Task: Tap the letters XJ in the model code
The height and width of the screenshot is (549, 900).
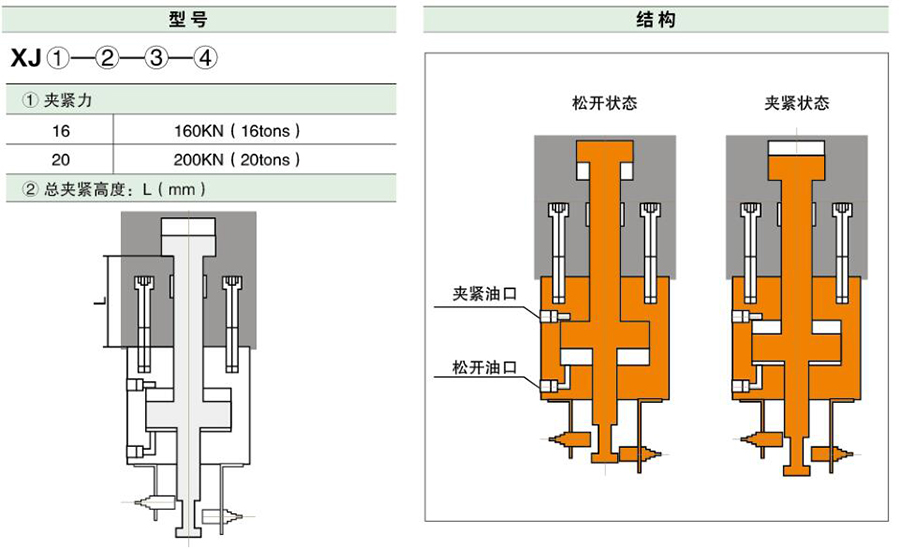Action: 25,58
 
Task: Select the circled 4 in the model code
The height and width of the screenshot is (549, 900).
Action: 204,58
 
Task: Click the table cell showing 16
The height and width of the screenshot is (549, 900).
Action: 61,130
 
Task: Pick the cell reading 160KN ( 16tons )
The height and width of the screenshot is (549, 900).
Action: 237,130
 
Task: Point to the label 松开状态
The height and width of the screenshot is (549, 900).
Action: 604,103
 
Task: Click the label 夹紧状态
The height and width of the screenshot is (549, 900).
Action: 796,103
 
